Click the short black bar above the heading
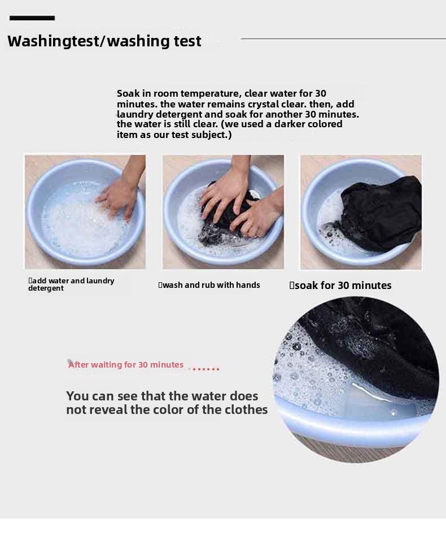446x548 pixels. [32, 18]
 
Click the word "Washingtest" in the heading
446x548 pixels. [53, 41]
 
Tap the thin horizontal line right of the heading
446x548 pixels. [343, 38]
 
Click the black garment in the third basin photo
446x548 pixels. [381, 213]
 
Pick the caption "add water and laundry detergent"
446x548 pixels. [71, 284]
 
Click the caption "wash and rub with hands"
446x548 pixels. [209, 285]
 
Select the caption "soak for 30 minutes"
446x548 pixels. [340, 286]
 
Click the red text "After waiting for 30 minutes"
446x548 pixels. [126, 365]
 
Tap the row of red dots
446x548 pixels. [204, 369]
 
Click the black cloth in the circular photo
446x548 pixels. [377, 343]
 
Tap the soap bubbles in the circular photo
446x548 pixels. [307, 370]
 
